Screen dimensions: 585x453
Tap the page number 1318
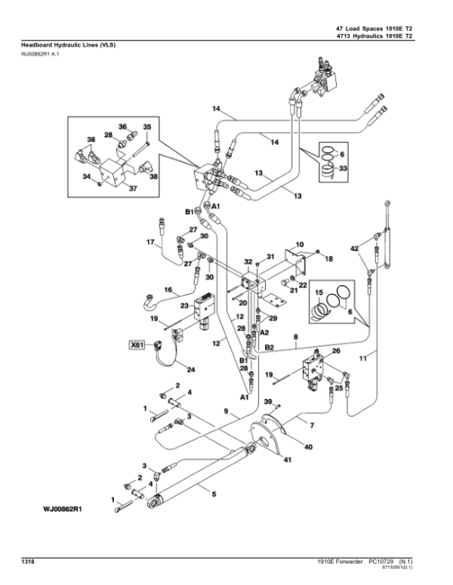(x=27, y=562)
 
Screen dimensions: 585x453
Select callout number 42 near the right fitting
(x=354, y=247)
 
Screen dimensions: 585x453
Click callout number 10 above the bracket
(x=299, y=244)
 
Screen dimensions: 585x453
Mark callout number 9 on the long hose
(x=224, y=412)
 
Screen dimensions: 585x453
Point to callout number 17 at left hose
(x=149, y=242)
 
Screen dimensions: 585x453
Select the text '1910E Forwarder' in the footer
(x=344, y=562)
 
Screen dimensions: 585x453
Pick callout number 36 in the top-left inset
(x=122, y=127)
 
